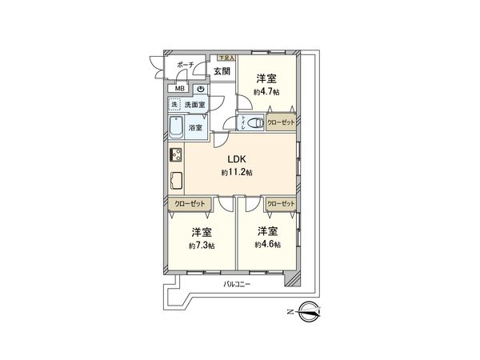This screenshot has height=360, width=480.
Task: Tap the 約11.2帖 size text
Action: point(237,173)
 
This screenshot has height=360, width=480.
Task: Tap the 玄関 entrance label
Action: point(222,72)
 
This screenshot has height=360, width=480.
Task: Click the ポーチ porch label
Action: point(185,65)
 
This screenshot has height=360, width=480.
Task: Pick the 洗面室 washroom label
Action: point(195,105)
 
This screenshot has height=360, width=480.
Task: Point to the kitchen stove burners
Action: point(174,157)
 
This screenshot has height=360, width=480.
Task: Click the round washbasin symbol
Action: point(199,89)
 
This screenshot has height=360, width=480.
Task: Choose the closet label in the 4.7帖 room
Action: point(281,122)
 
